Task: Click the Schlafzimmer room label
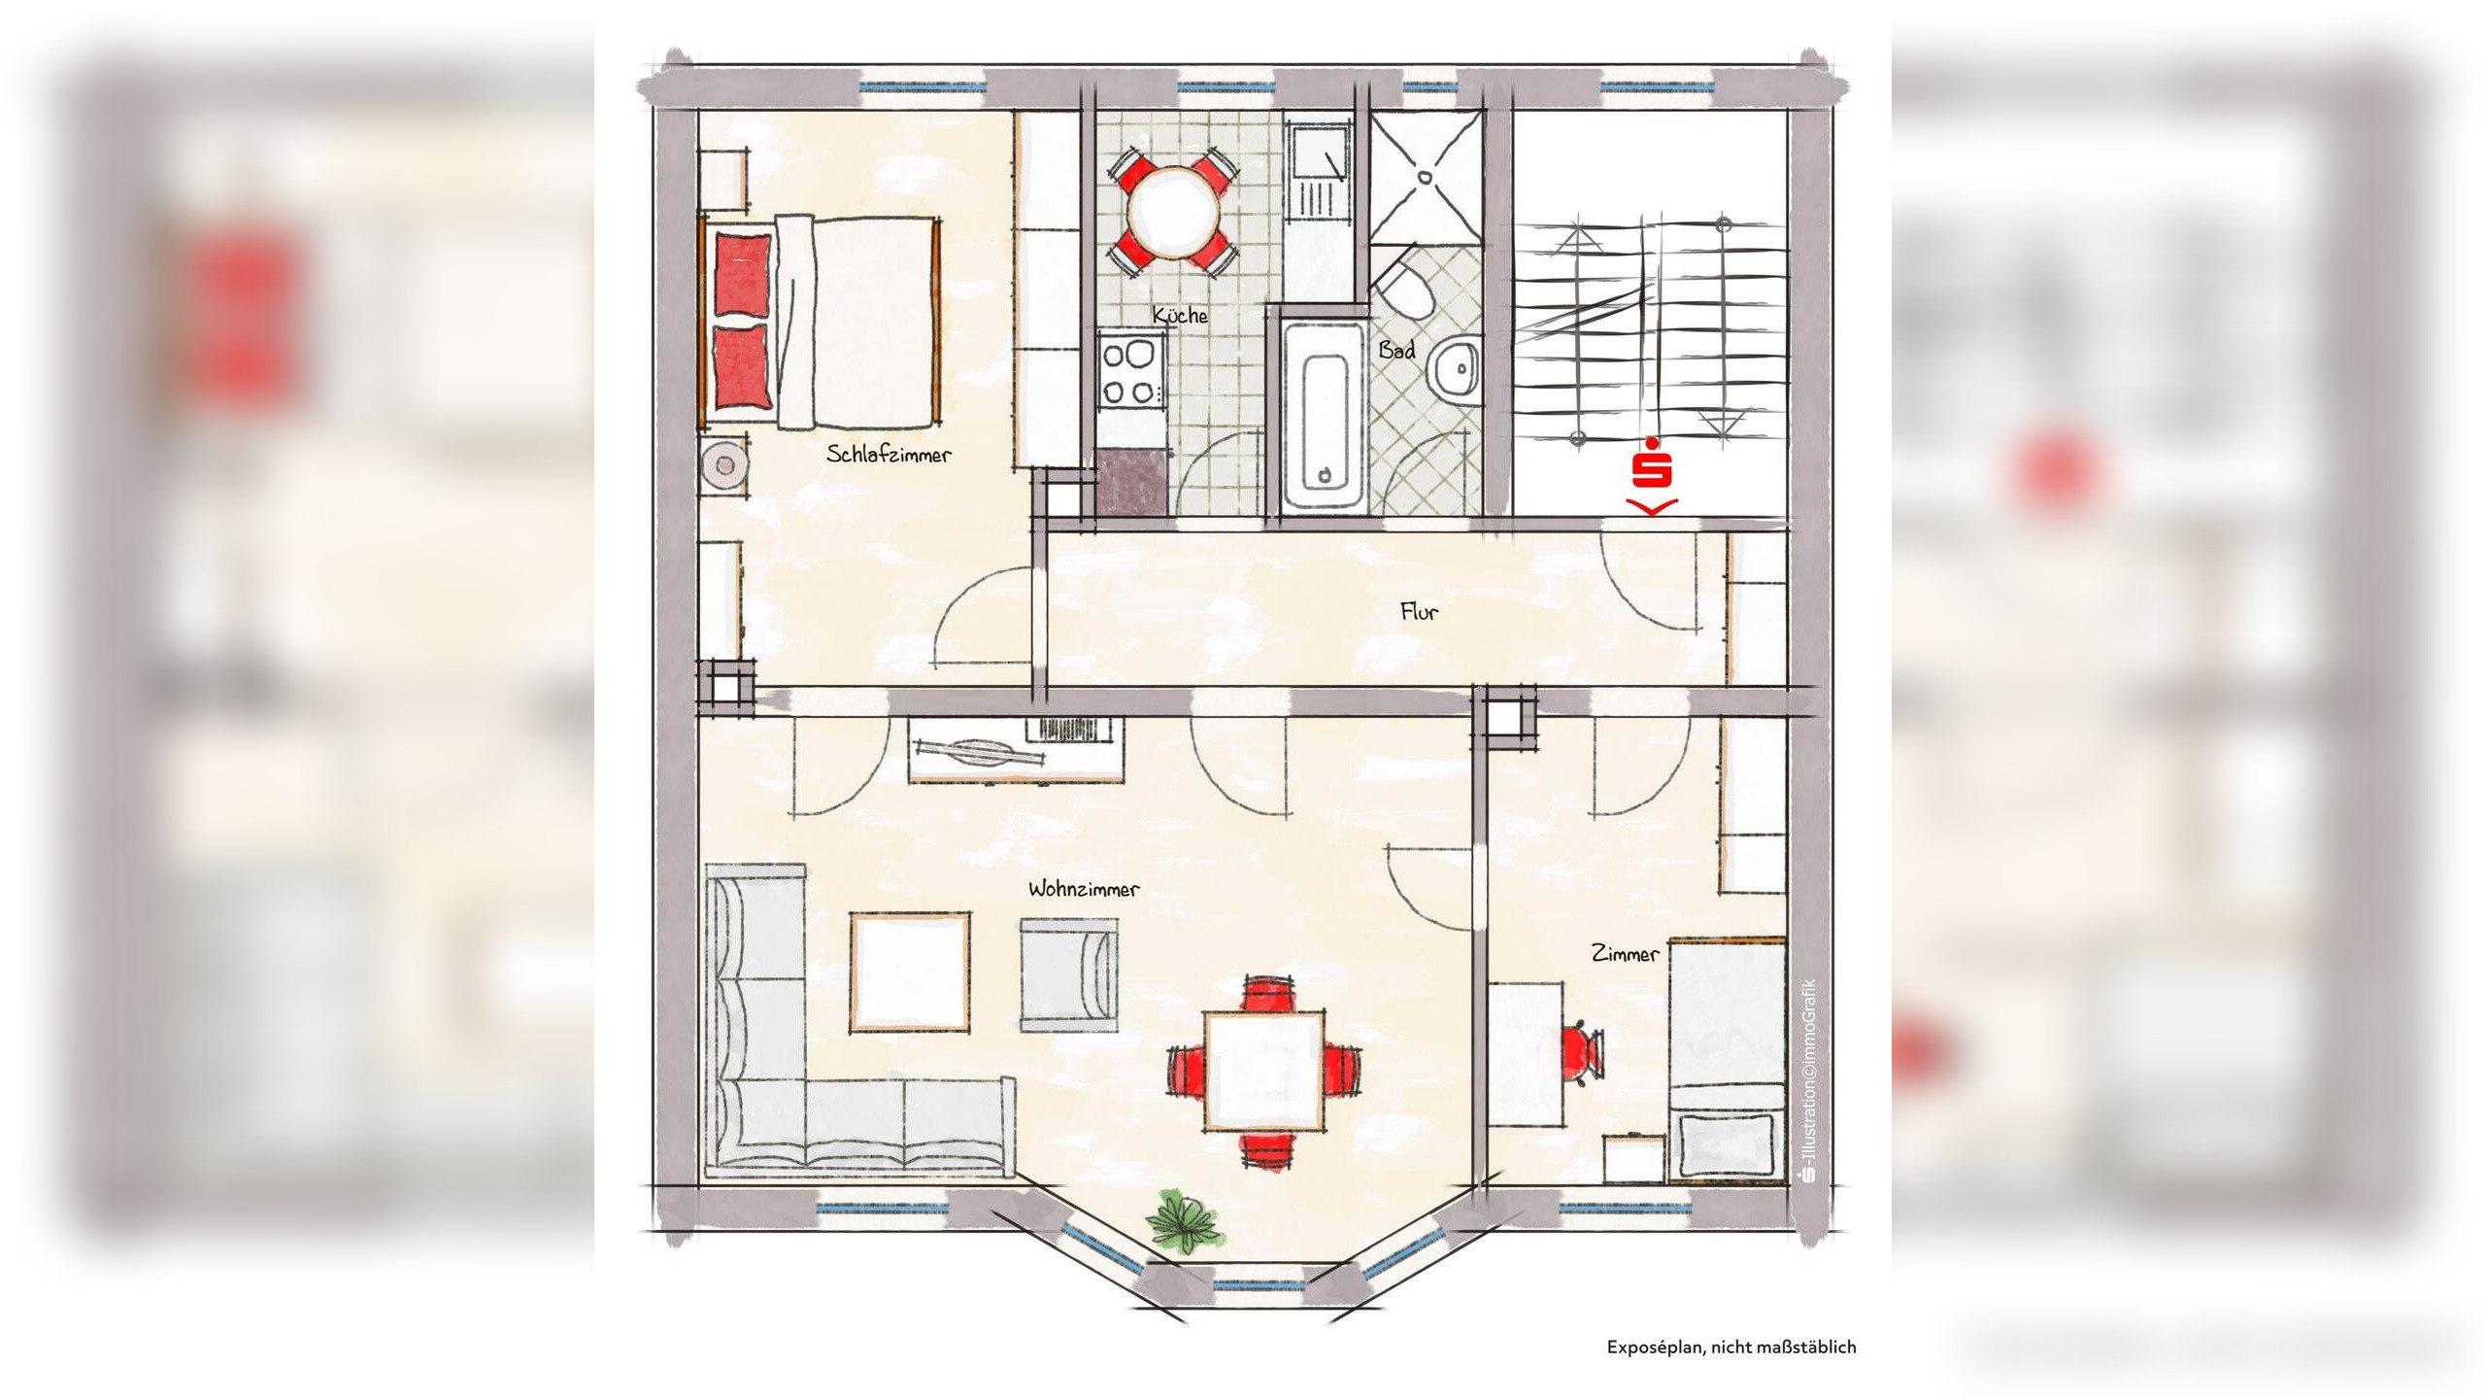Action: [x=889, y=454]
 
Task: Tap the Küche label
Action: [x=1180, y=315]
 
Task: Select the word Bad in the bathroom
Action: [x=1396, y=351]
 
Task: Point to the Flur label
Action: [x=1419, y=611]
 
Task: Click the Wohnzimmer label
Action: [x=1084, y=889]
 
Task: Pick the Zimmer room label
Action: [x=1625, y=954]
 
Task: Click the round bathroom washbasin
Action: [x=1457, y=367]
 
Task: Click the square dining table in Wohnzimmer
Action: [x=1263, y=1071]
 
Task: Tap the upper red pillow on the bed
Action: [x=744, y=274]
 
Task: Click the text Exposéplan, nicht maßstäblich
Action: [x=1731, y=1347]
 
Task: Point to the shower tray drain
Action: [x=1426, y=177]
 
